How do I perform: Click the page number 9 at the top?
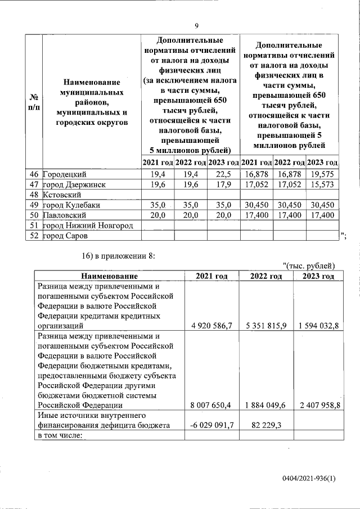pyautogui.click(x=196, y=26)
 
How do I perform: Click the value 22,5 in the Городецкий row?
pyautogui.click(x=223, y=174)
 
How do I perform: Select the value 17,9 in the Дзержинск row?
pyautogui.click(x=223, y=184)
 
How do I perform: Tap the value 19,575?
pyautogui.click(x=322, y=174)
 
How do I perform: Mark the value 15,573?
pyautogui.click(x=322, y=184)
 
